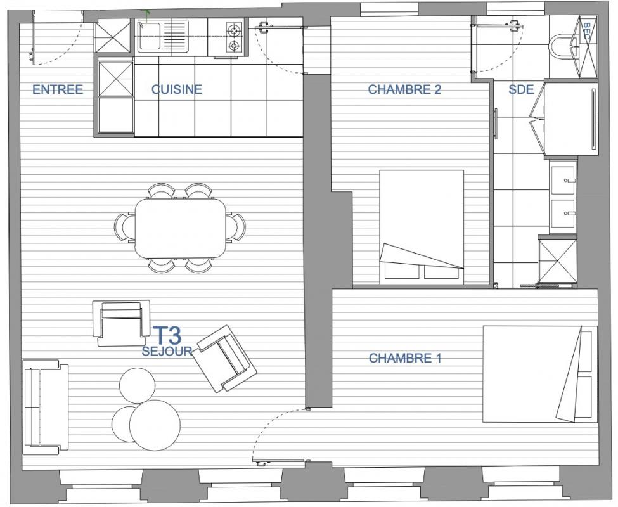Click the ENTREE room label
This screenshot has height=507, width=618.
pos(58,89)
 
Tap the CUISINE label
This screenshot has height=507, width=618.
pos(177,89)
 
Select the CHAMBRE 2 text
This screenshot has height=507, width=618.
pos(404,89)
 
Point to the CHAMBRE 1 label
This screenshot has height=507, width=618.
pos(405,358)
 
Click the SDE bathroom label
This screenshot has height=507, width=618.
pos(521,89)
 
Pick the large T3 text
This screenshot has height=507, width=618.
pos(167,335)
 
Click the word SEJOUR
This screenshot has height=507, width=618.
pos(167,351)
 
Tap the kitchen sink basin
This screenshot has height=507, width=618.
pos(150,36)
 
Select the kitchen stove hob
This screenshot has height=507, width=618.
pos(234,37)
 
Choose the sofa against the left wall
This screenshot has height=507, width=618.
pos(46,407)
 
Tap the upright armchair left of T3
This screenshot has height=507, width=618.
pos(121,323)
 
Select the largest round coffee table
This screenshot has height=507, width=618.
pos(155,425)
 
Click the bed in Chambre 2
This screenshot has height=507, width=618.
pos(422,227)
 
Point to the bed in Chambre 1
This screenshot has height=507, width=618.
pos(540,374)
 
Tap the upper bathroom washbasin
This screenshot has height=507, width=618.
pos(563,180)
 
